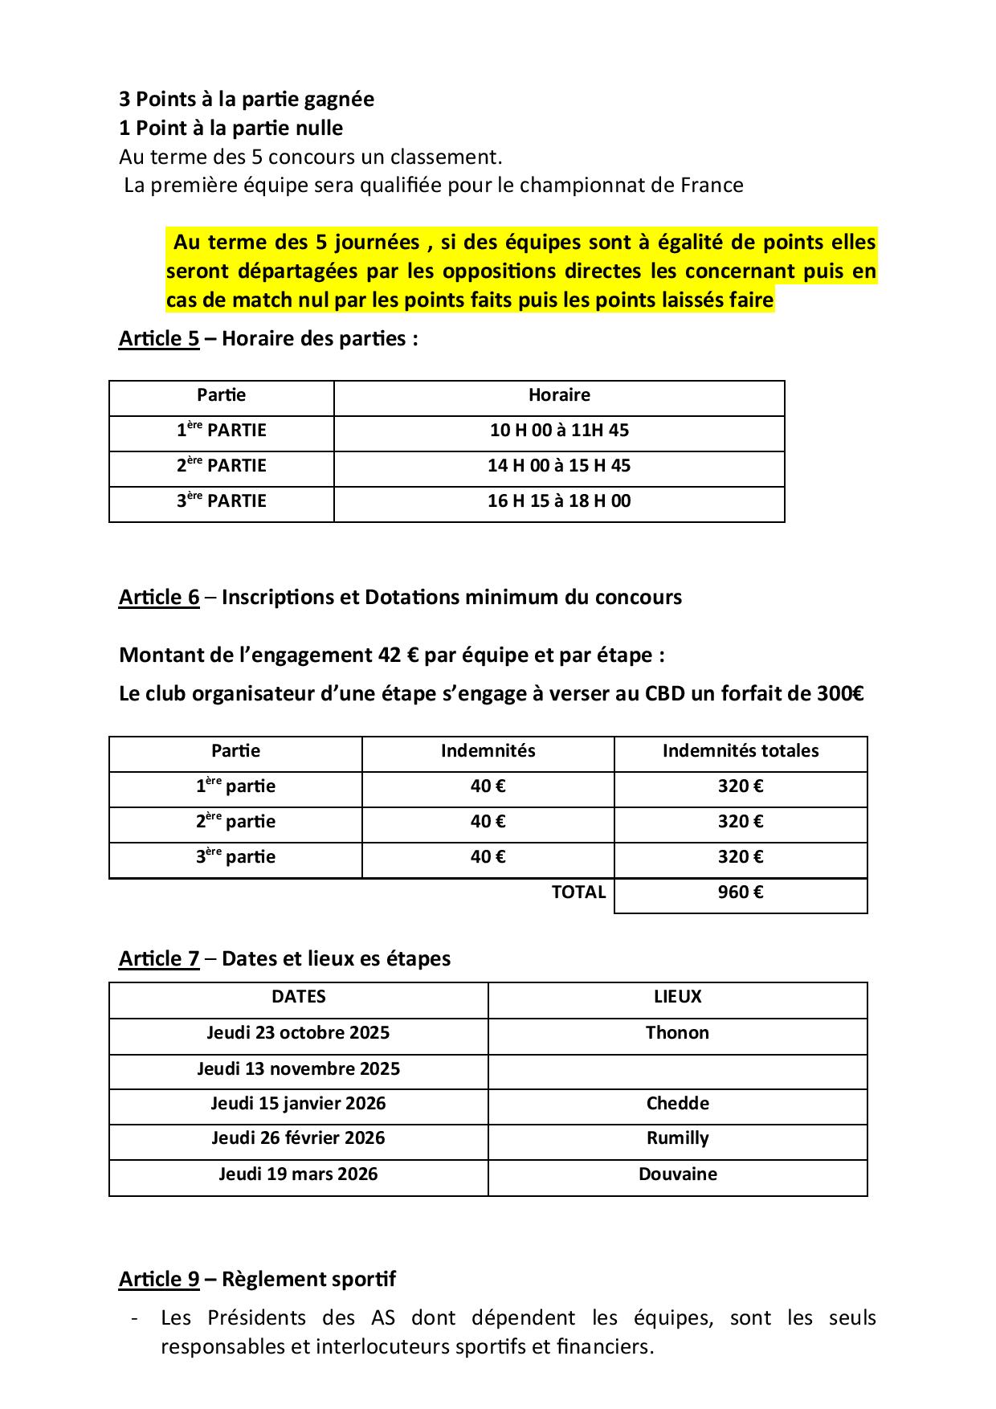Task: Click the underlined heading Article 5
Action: [159, 339]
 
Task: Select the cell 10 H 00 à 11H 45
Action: [559, 431]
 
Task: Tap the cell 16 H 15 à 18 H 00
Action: [559, 501]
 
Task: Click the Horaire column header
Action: [559, 395]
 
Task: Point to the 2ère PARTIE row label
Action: [222, 466]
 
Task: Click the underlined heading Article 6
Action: [159, 598]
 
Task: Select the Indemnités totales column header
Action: [741, 751]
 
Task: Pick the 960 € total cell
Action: [741, 892]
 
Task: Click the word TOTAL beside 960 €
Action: [578, 892]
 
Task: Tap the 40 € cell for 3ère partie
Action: [488, 857]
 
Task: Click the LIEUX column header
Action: [677, 997]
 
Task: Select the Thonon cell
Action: [677, 1033]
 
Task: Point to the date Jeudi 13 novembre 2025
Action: [298, 1069]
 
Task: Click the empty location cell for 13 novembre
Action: [677, 1071]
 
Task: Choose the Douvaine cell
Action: [677, 1174]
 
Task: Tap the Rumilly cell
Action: [677, 1138]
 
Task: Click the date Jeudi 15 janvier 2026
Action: [298, 1104]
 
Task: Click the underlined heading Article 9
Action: [159, 1280]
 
